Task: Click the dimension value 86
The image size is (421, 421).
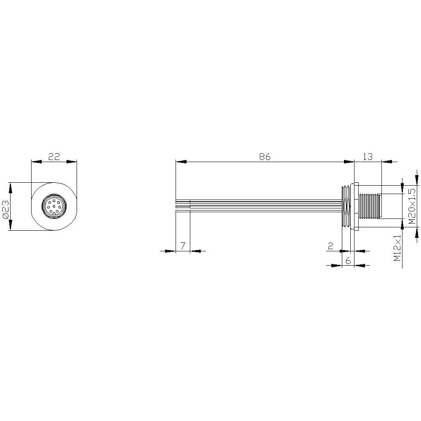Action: point(264,157)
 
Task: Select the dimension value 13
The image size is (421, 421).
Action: point(368,157)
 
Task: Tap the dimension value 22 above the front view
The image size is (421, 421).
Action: point(54,157)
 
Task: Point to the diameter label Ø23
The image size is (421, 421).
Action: point(5,206)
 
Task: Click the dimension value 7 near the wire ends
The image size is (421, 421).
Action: point(183,246)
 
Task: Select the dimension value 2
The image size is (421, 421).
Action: point(331,246)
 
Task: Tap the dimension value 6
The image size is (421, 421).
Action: point(348,261)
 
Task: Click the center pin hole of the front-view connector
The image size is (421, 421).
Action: point(54,206)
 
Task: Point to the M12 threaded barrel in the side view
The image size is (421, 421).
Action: point(369,206)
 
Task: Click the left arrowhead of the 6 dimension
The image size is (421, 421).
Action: point(336,266)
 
